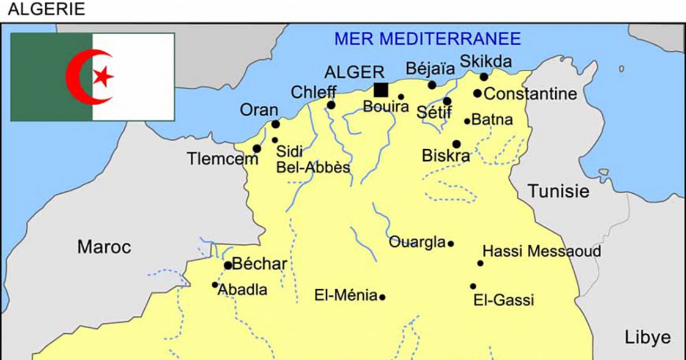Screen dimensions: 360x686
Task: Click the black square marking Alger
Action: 381,90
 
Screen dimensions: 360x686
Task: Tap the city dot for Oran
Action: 276,124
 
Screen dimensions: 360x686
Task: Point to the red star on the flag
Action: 103,76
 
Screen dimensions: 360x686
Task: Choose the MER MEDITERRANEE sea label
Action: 427,39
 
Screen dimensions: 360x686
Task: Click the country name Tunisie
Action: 559,191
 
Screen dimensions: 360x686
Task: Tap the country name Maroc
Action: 104,247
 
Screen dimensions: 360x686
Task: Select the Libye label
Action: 647,337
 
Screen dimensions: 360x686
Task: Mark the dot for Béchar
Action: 228,265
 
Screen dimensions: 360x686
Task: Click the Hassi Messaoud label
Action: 542,251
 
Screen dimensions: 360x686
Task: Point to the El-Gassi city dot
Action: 473,286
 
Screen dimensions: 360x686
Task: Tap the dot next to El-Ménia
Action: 382,298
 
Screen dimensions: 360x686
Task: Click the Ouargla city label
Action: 417,243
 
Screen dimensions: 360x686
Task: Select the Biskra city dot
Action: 456,144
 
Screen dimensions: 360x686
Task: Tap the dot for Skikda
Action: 484,77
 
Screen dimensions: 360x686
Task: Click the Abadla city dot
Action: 215,285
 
